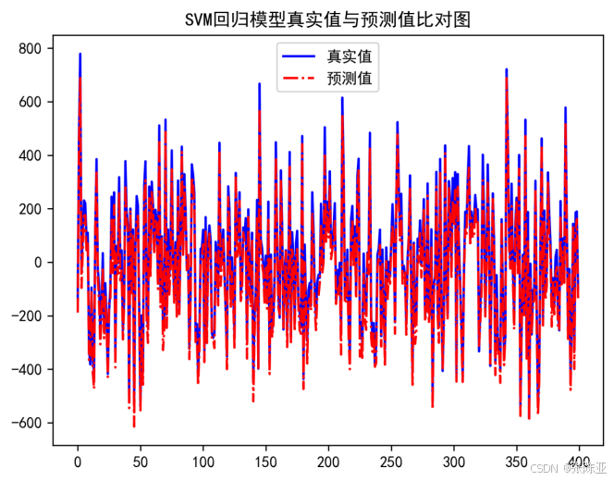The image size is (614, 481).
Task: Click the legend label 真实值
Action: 350,57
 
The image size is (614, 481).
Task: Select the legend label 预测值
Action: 350,79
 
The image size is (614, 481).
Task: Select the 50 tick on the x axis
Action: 140,462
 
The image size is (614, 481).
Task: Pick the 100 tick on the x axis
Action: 203,462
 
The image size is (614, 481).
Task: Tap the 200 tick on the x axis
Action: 328,462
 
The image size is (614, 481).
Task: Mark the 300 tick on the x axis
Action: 454,462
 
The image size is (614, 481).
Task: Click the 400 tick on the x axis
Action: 579,462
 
